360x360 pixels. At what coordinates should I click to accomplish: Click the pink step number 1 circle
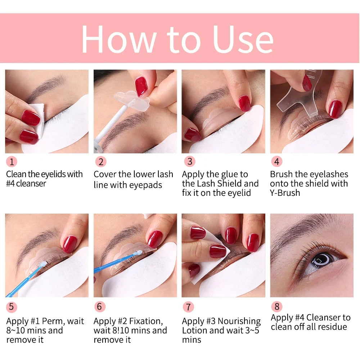pos(11,162)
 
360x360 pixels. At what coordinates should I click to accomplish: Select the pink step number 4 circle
pos(276,162)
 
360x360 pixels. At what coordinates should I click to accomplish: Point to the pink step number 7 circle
pos(188,307)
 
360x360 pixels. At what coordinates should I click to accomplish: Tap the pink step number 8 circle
pos(276,307)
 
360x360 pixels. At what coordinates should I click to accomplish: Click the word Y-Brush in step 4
pos(285,193)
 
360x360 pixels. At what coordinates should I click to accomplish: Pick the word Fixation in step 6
pos(143,321)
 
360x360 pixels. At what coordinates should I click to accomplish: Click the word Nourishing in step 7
pos(239,321)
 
